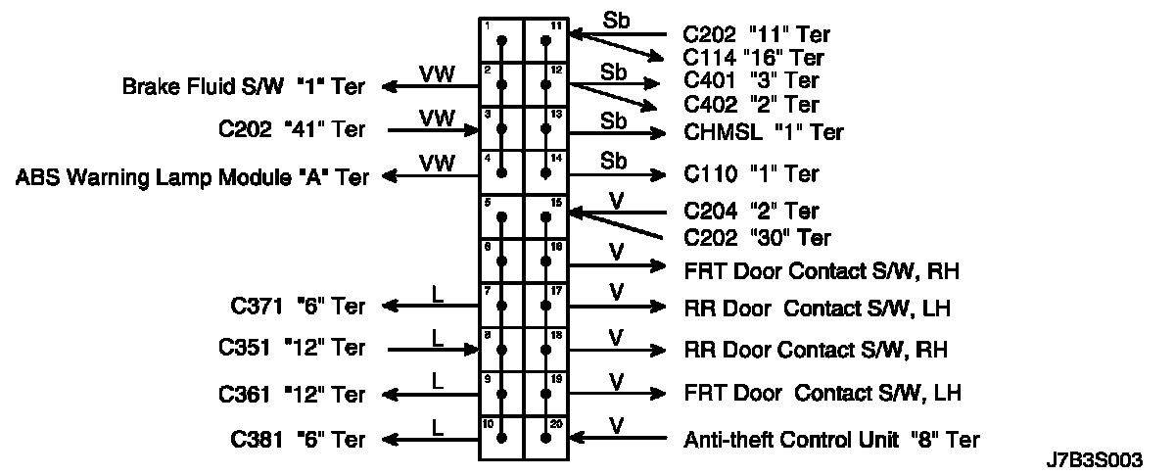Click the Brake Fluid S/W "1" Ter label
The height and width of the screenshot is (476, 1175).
click(x=243, y=86)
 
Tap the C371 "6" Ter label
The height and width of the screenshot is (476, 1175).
click(x=292, y=307)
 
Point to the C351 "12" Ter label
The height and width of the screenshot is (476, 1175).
click(x=292, y=348)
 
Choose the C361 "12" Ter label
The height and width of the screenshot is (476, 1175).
click(x=292, y=395)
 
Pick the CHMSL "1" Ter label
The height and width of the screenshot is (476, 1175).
click(x=763, y=132)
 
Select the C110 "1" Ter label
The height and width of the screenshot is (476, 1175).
click(x=750, y=174)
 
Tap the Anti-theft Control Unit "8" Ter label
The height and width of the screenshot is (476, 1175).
click(x=831, y=440)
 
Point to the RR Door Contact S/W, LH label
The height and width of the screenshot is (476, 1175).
click(x=818, y=309)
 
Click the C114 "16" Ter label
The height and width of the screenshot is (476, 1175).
click(x=754, y=58)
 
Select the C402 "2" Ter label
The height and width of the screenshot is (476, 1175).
click(x=750, y=104)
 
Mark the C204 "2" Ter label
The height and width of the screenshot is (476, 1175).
click(x=750, y=211)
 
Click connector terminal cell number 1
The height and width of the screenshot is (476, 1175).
click(x=501, y=41)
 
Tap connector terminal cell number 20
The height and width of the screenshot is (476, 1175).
click(x=546, y=438)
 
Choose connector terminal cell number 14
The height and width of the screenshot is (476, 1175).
click(x=546, y=171)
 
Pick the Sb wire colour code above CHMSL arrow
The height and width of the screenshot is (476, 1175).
click(x=614, y=120)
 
